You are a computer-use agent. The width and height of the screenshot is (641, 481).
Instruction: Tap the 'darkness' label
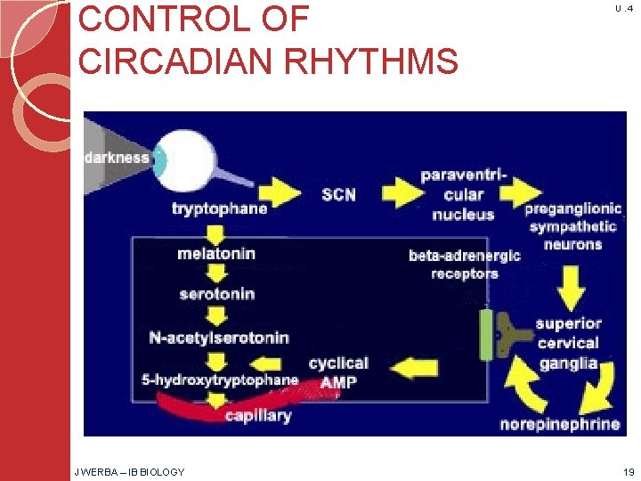pyautogui.click(x=117, y=158)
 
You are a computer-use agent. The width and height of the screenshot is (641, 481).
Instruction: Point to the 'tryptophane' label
pyautogui.click(x=219, y=208)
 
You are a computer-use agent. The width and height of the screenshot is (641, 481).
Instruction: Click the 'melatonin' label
pyautogui.click(x=216, y=254)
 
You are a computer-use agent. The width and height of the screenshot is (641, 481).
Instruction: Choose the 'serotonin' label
pyautogui.click(x=216, y=294)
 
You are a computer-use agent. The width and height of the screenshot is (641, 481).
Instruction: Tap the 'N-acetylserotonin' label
pyautogui.click(x=218, y=338)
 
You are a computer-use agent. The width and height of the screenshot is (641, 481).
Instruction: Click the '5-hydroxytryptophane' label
pyautogui.click(x=220, y=380)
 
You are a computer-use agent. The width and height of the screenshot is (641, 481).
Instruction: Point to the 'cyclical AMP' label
pyautogui.click(x=337, y=371)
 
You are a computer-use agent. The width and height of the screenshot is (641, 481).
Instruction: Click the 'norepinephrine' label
pyautogui.click(x=560, y=424)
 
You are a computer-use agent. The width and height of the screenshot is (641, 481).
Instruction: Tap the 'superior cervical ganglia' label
pyautogui.click(x=569, y=343)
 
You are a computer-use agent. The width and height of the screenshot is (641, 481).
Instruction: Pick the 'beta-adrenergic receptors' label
pyautogui.click(x=465, y=264)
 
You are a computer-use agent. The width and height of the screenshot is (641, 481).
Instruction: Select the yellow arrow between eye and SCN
pyautogui.click(x=277, y=192)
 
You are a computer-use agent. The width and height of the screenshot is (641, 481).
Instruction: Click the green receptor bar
pyautogui.click(x=487, y=334)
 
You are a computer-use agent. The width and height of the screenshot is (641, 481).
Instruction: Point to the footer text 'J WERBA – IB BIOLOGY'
pyautogui.click(x=129, y=471)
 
